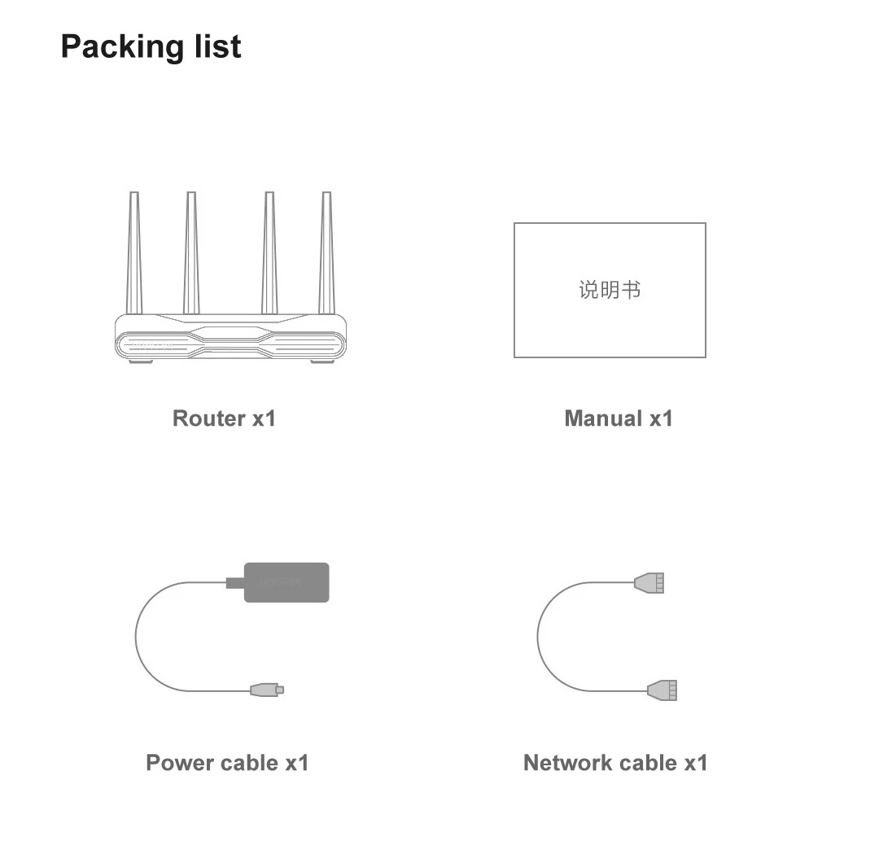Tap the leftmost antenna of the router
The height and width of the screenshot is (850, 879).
tap(134, 252)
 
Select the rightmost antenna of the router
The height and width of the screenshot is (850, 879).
tap(326, 252)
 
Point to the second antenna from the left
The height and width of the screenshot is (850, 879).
tap(191, 252)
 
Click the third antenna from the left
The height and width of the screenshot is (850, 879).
tap(269, 252)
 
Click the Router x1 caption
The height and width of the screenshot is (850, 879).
tap(224, 418)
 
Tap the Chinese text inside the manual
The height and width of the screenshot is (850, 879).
tap(610, 290)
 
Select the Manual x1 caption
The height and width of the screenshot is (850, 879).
tap(619, 418)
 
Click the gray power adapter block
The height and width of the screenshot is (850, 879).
tap(286, 582)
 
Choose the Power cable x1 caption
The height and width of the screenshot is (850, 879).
tap(227, 763)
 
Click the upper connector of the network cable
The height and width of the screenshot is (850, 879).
tap(649, 583)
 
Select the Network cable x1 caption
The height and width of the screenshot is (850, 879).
tap(615, 763)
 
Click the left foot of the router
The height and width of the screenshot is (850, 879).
tap(141, 361)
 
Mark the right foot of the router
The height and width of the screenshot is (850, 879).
tap(321, 361)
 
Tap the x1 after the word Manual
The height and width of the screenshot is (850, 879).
tap(661, 418)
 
